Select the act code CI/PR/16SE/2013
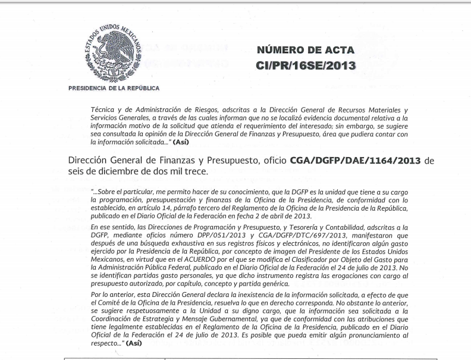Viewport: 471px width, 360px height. click(x=306, y=65)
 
